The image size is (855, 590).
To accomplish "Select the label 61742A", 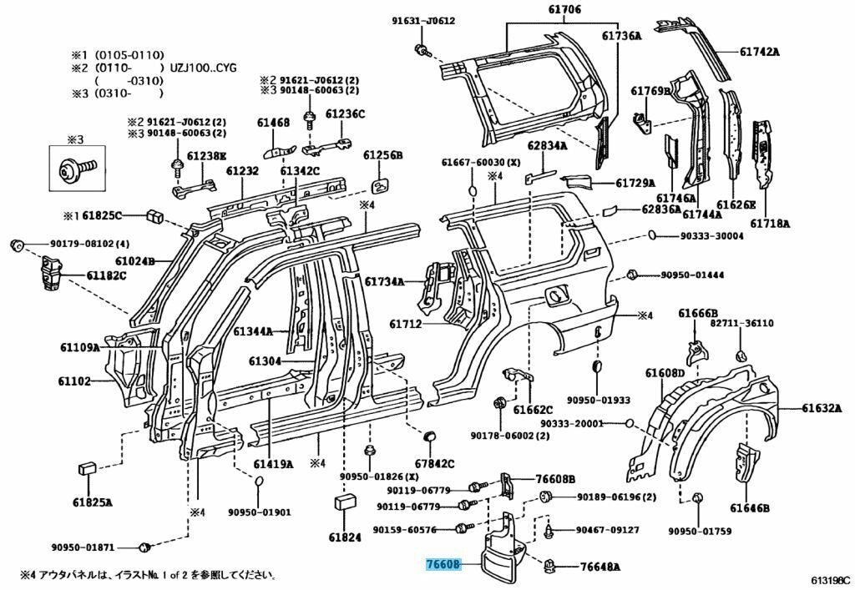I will (x=759, y=51).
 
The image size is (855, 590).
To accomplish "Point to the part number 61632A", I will (x=822, y=408).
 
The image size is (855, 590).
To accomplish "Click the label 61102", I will (x=74, y=381).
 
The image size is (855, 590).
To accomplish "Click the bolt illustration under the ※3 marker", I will (x=75, y=170).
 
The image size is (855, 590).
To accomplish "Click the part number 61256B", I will (x=382, y=156).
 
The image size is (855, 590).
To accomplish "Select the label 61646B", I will (x=749, y=507).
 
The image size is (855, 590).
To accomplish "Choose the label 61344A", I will (x=254, y=331).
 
